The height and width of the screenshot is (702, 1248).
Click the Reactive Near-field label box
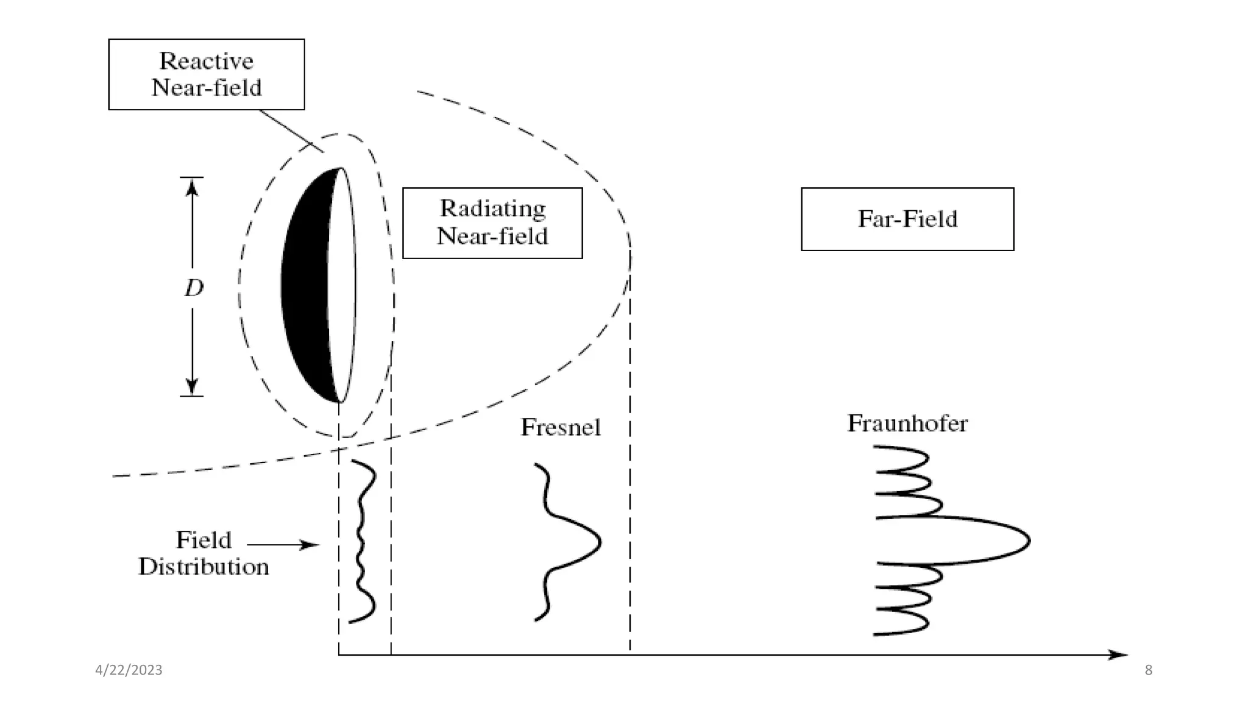coord(206,74)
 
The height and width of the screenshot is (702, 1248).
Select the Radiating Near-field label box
coord(492,223)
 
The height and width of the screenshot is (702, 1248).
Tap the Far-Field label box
coord(907,219)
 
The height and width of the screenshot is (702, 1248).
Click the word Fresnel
coord(560,427)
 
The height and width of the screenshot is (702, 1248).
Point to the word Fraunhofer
coord(907,424)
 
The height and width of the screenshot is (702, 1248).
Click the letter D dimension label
coord(194,288)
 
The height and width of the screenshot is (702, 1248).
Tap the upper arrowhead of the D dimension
coord(192,187)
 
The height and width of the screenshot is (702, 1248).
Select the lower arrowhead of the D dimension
coord(192,386)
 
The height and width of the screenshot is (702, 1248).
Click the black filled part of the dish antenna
coord(305,286)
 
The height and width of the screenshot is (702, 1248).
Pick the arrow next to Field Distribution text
coord(283,544)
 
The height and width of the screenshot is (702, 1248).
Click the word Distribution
coord(204,567)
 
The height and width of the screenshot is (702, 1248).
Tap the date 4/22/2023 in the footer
coord(129,670)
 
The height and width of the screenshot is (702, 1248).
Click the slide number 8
coord(1148,670)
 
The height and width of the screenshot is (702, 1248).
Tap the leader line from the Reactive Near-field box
coord(291,131)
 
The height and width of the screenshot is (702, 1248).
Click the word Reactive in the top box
coord(206,61)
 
